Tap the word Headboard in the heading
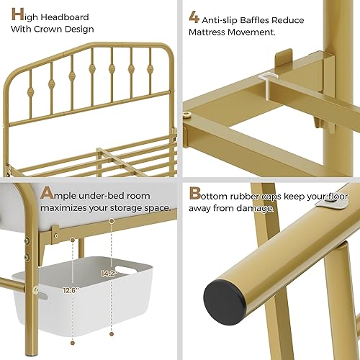click(66, 15)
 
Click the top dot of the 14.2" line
click(112, 220)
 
